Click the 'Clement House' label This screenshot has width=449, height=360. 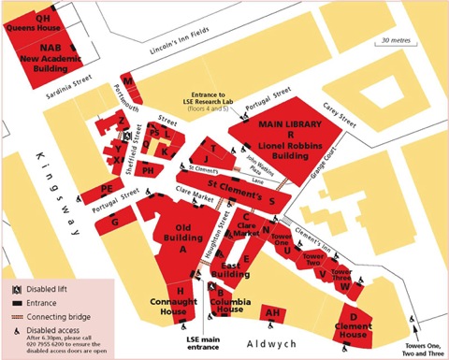coord(353,328)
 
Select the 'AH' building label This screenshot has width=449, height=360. coord(273,313)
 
